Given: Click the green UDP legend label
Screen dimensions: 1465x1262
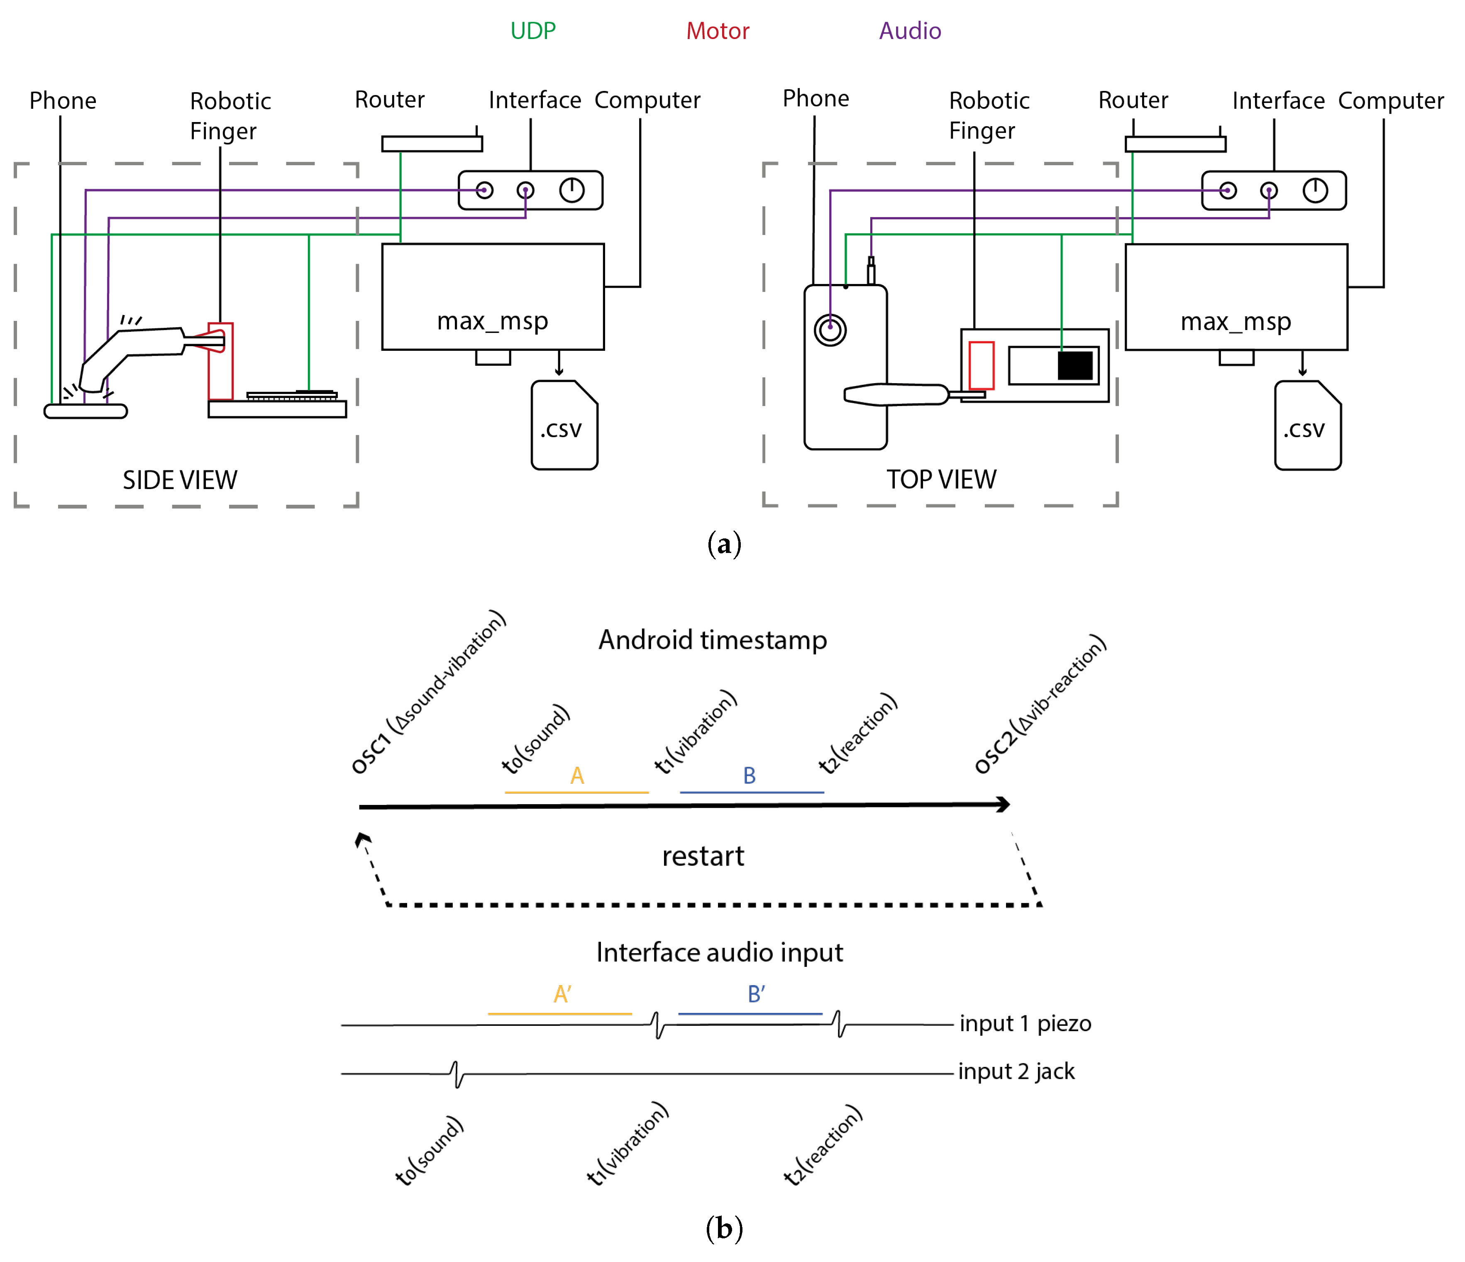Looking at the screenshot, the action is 533,30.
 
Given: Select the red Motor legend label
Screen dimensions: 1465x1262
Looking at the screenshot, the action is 718,30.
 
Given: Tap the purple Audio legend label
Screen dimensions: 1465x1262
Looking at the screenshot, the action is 910,30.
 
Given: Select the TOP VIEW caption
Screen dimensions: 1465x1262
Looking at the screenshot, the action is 941,479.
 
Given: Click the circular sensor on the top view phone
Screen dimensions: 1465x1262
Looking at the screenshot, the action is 830,330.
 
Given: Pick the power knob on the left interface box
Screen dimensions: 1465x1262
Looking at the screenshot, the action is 572,190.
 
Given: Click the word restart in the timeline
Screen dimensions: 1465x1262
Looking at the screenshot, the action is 703,856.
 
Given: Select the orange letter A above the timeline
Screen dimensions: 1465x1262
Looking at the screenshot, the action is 577,776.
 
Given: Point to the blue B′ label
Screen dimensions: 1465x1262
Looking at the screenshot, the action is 756,994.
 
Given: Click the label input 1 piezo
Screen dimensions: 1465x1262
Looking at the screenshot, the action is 1025,1024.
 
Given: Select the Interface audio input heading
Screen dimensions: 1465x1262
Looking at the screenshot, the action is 720,953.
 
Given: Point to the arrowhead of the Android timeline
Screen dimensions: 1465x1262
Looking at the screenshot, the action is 1004,804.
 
